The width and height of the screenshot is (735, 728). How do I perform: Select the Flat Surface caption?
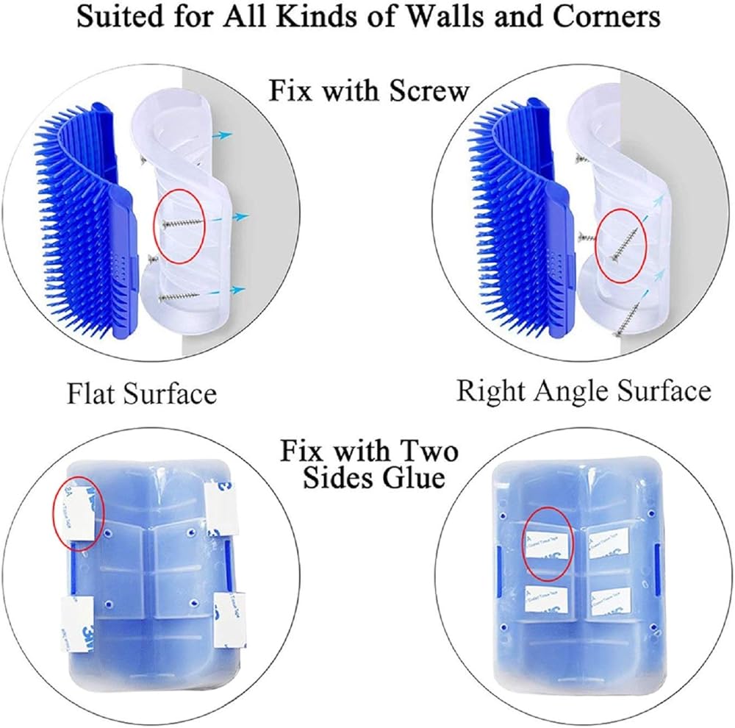pyautogui.click(x=142, y=393)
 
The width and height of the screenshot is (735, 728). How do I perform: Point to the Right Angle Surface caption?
pyautogui.click(x=584, y=390)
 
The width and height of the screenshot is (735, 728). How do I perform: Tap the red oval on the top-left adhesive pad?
pyautogui.click(x=79, y=514)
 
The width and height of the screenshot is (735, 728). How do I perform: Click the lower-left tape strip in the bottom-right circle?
pyautogui.click(x=544, y=599)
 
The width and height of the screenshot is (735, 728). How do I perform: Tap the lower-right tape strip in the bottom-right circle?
pyautogui.click(x=609, y=601)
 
